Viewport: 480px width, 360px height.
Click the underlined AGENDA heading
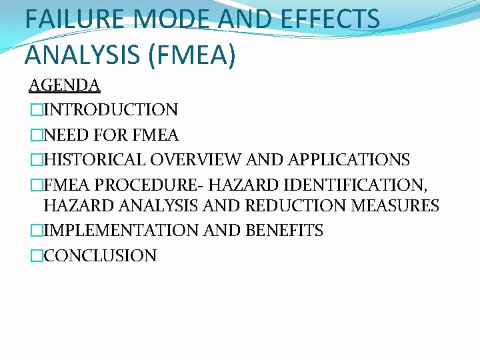[x=64, y=85]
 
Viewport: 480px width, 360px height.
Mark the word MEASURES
[x=397, y=206]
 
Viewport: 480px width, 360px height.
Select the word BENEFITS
[x=285, y=231]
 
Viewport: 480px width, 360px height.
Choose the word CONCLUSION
[x=100, y=255]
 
